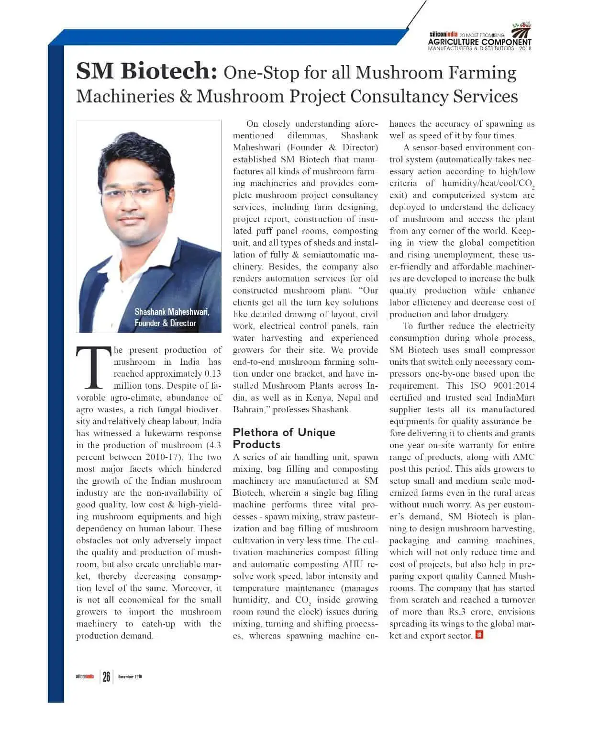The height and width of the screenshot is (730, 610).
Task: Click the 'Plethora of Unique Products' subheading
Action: tap(284, 438)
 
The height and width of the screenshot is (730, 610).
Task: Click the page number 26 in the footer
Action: tap(106, 676)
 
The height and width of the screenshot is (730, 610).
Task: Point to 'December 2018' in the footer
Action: tap(130, 676)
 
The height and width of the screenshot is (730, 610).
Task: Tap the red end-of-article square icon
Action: tap(479, 635)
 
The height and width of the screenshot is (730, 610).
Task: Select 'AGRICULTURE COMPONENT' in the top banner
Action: tap(479, 42)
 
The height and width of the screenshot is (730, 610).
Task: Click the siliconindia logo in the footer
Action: tap(85, 676)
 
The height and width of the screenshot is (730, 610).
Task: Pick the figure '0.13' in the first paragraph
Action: tap(212, 374)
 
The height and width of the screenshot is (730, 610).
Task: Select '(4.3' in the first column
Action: tap(212, 445)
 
